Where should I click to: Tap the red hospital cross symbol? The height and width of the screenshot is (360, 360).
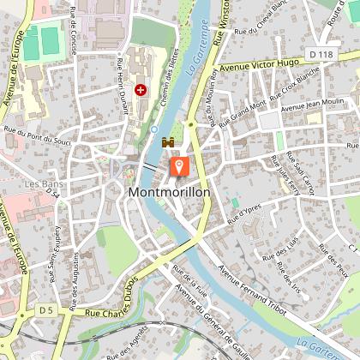coord(141,88)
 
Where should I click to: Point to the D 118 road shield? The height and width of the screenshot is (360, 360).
coord(321,55)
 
